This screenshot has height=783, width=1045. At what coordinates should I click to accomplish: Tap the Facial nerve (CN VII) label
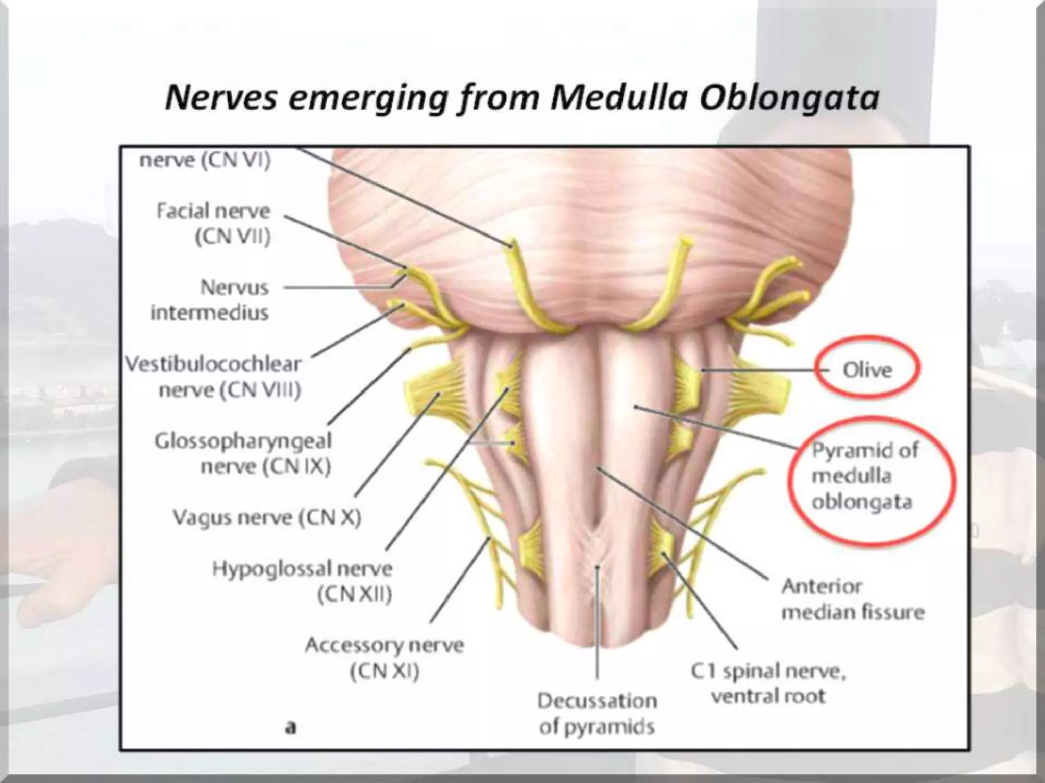pos(213,223)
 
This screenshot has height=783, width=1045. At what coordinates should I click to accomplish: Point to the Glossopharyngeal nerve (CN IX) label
pos(243,454)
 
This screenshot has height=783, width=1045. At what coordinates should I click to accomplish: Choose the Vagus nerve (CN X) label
pos(267,518)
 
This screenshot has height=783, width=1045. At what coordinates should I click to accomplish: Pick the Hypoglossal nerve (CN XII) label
pos(303,581)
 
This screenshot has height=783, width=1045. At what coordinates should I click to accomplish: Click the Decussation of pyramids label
pos(597,714)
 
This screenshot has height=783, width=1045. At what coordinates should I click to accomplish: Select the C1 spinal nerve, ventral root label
pos(768,684)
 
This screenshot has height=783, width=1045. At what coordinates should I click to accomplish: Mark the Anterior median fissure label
pos(853,599)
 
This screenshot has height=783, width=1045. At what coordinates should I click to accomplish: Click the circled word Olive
pos(867,370)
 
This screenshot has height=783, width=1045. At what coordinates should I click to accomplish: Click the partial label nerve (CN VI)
pos(205,160)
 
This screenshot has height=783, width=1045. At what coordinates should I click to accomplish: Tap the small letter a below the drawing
pos(290,726)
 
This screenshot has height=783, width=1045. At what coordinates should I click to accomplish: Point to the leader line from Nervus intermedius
pos(337,288)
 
